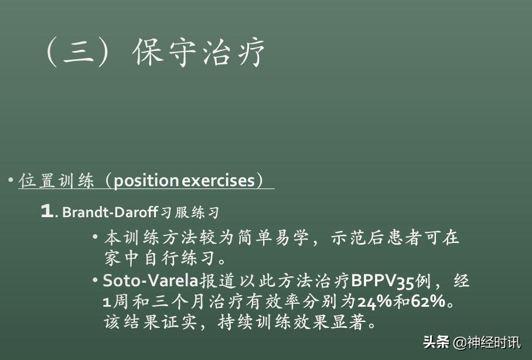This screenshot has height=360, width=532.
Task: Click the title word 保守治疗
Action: point(199,53)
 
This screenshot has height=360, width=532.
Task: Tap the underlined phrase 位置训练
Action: point(56,181)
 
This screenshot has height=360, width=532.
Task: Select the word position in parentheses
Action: point(146,181)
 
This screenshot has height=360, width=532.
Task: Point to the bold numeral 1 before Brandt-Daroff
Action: point(46,211)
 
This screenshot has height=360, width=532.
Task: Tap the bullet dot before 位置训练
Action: point(11,180)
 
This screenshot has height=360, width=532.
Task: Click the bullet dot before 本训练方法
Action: point(95,237)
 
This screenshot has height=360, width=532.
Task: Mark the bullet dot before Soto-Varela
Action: point(95,280)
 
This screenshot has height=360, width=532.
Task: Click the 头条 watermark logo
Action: point(436,343)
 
